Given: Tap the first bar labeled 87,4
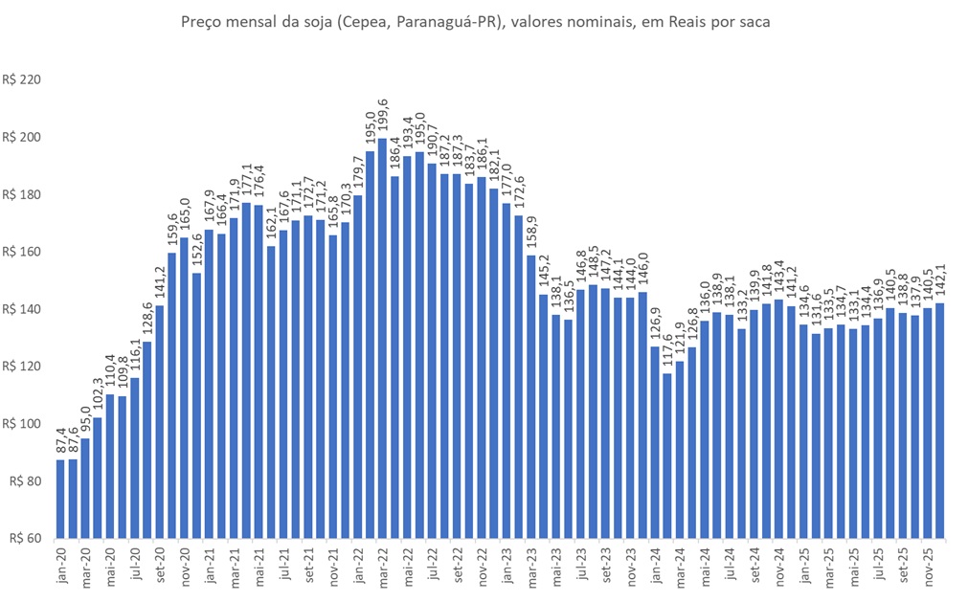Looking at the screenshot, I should pyautogui.click(x=60, y=499).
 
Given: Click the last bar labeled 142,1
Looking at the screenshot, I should pyautogui.click(x=940, y=420).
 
